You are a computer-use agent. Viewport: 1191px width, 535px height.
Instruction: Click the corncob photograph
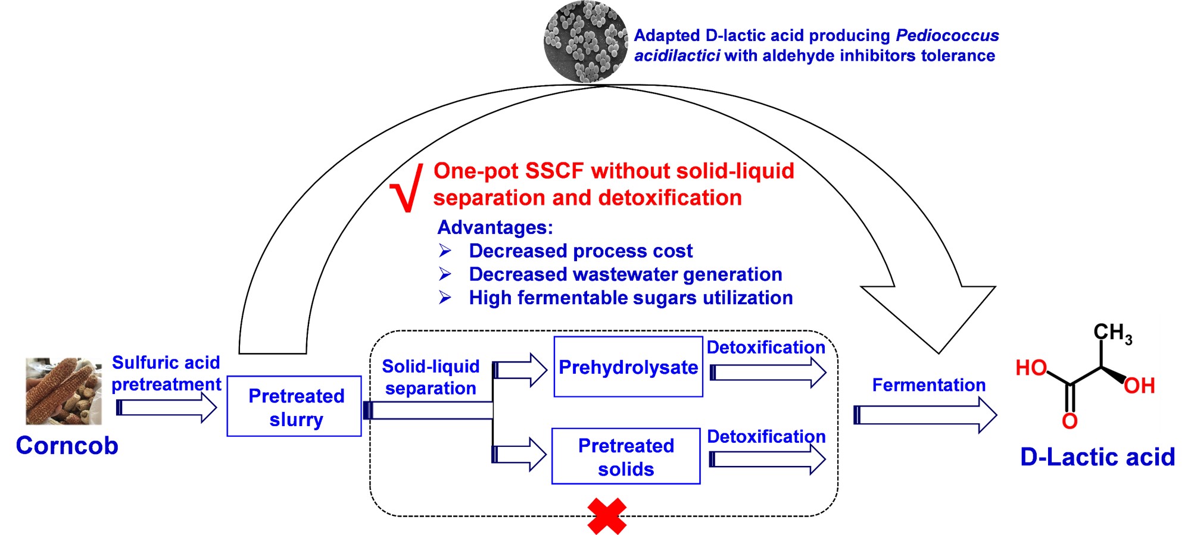63,391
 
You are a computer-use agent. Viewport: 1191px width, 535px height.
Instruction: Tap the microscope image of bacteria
586,42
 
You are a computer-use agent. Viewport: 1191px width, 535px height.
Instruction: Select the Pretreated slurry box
295,406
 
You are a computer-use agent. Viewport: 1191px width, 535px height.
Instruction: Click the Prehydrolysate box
628,367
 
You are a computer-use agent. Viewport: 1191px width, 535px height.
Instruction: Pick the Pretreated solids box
626,456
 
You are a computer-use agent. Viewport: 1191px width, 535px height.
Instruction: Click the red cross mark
607,516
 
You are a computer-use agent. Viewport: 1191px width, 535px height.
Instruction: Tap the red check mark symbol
407,188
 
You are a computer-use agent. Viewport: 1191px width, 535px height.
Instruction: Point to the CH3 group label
1112,333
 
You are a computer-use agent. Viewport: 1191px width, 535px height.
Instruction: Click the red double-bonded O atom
1070,421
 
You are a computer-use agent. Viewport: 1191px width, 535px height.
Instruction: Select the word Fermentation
928,385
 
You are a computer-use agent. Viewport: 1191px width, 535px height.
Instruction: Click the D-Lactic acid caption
1098,457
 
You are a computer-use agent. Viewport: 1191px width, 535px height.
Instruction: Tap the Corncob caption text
67,446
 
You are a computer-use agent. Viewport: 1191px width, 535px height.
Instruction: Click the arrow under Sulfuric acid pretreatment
167,408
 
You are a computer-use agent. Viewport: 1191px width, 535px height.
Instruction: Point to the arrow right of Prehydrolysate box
768,373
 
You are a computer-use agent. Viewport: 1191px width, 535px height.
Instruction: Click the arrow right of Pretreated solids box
768,459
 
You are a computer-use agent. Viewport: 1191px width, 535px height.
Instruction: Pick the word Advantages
495,227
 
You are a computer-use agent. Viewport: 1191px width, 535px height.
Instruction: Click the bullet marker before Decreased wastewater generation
445,274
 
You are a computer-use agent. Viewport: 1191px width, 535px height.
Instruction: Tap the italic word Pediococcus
947,36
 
